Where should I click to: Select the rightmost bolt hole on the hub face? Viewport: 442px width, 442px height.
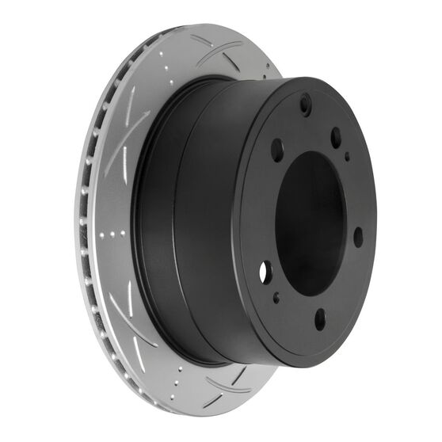358,236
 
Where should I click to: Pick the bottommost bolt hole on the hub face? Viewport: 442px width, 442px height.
320,318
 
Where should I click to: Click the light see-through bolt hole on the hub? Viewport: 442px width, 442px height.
265,272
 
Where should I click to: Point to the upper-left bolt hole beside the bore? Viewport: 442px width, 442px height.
277,150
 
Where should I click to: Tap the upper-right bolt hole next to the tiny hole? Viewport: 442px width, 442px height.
336,137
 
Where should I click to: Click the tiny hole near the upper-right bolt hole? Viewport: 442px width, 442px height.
347,156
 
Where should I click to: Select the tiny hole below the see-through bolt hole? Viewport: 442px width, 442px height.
276,299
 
